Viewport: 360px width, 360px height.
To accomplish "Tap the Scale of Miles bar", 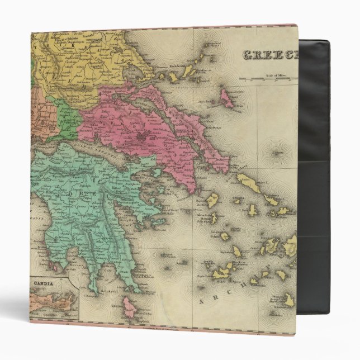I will (x=268, y=78).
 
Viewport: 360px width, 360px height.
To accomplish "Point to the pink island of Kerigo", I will (x=129, y=306).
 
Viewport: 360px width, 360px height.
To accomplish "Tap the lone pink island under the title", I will (x=227, y=99).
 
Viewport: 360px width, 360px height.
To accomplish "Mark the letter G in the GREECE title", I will (x=246, y=55).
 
